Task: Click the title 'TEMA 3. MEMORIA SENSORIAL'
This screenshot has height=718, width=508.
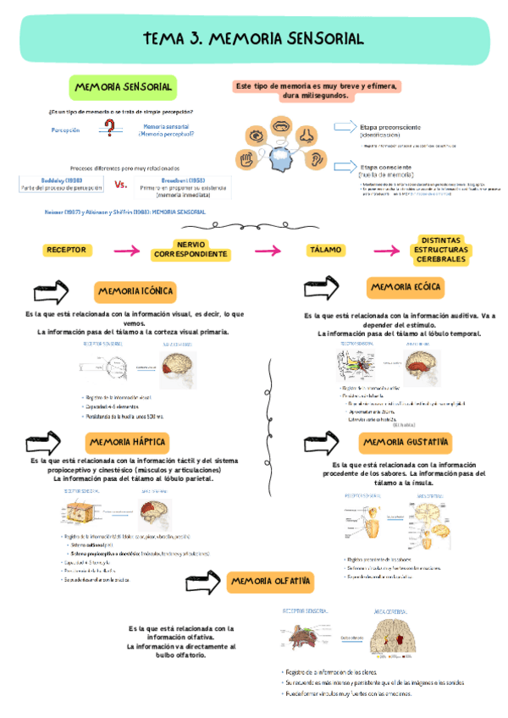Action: pyautogui.click(x=253, y=38)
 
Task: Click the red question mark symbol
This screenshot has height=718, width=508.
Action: pyautogui.click(x=108, y=129)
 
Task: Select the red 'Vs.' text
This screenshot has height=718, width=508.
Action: pyautogui.click(x=120, y=185)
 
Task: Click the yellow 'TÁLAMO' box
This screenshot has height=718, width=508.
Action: pyautogui.click(x=325, y=250)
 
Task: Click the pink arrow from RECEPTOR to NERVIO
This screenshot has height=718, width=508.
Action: pyautogui.click(x=126, y=251)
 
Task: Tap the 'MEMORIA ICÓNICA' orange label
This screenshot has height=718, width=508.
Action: pyautogui.click(x=135, y=291)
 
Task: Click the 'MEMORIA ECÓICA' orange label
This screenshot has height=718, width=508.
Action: pyautogui.click(x=405, y=288)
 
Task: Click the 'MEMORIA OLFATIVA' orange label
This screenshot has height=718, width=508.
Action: pyautogui.click(x=271, y=582)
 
